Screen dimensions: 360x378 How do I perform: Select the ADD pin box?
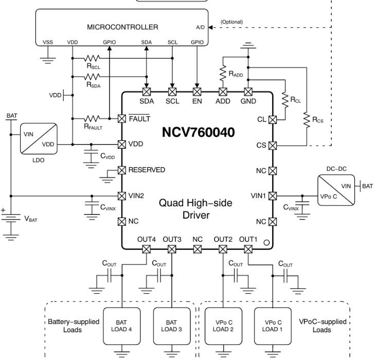223,93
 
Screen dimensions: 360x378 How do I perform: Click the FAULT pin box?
122,118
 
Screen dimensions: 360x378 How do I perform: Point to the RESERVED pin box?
122,170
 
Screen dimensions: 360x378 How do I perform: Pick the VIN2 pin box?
122,195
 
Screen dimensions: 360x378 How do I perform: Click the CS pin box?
273,145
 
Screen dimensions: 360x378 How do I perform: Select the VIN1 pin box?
273,195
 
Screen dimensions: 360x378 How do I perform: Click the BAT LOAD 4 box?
122,326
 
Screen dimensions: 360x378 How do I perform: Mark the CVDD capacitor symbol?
92,155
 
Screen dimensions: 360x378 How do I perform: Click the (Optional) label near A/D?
231,22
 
